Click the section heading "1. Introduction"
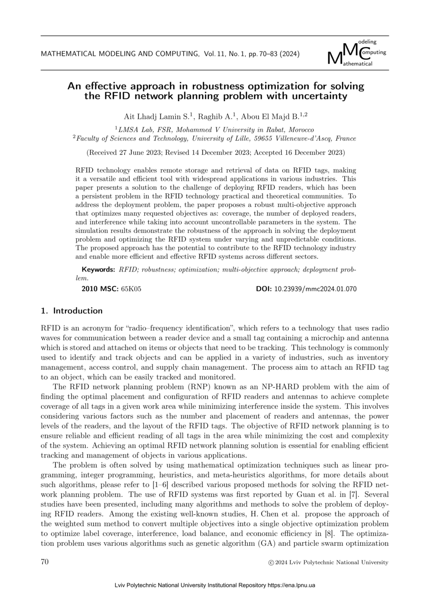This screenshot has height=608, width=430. [x=72, y=311]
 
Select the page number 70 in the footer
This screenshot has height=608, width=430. [x=45, y=562]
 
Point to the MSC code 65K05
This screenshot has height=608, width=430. [x=131, y=289]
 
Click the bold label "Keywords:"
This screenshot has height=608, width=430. [x=98, y=270]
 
